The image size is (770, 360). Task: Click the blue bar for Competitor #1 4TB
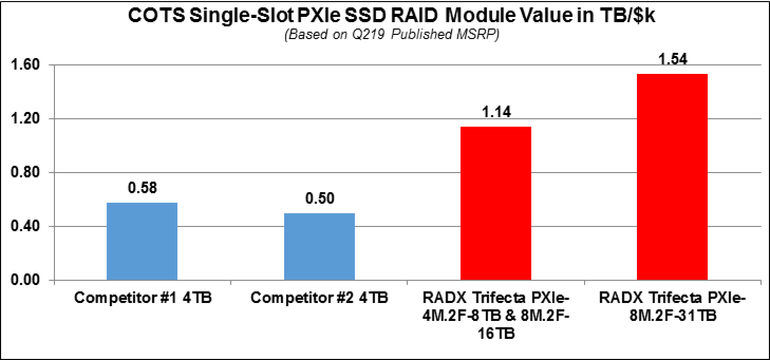pyautogui.click(x=142, y=241)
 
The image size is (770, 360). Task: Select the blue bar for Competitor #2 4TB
pyautogui.click(x=319, y=247)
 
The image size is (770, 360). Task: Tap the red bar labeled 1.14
pyautogui.click(x=496, y=203)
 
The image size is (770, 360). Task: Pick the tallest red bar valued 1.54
pyautogui.click(x=672, y=177)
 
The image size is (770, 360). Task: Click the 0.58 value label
pyautogui.click(x=142, y=188)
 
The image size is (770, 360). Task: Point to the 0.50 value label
pyautogui.click(x=319, y=199)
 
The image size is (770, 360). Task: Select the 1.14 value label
pyautogui.click(x=496, y=112)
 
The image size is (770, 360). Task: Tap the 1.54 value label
pyautogui.click(x=672, y=59)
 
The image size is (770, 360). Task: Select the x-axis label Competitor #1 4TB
pyautogui.click(x=143, y=298)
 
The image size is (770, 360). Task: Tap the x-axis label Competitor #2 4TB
pyautogui.click(x=319, y=298)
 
